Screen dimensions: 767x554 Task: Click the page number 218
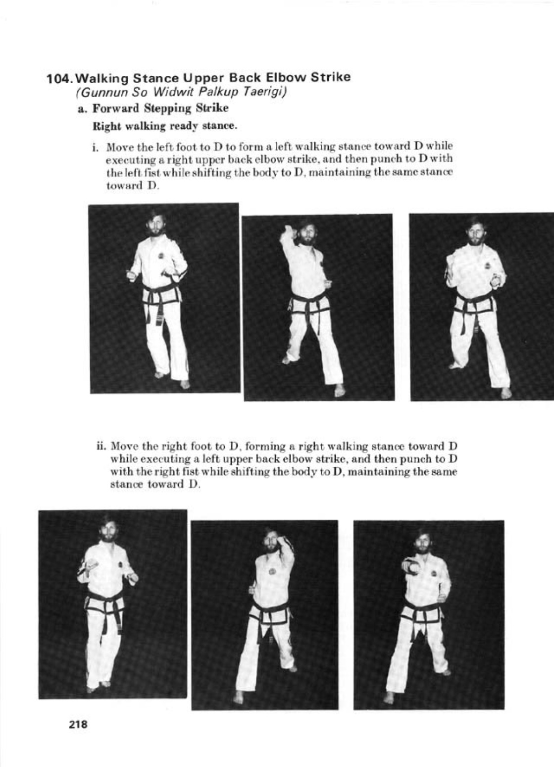[78, 724]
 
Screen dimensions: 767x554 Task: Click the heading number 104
[61, 78]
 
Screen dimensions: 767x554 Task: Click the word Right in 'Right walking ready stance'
[104, 126]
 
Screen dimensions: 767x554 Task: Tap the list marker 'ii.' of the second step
[101, 445]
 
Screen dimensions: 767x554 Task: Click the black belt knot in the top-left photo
[158, 297]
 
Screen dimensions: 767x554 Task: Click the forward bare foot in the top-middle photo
[339, 391]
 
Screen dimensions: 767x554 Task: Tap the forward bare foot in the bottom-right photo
[389, 698]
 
